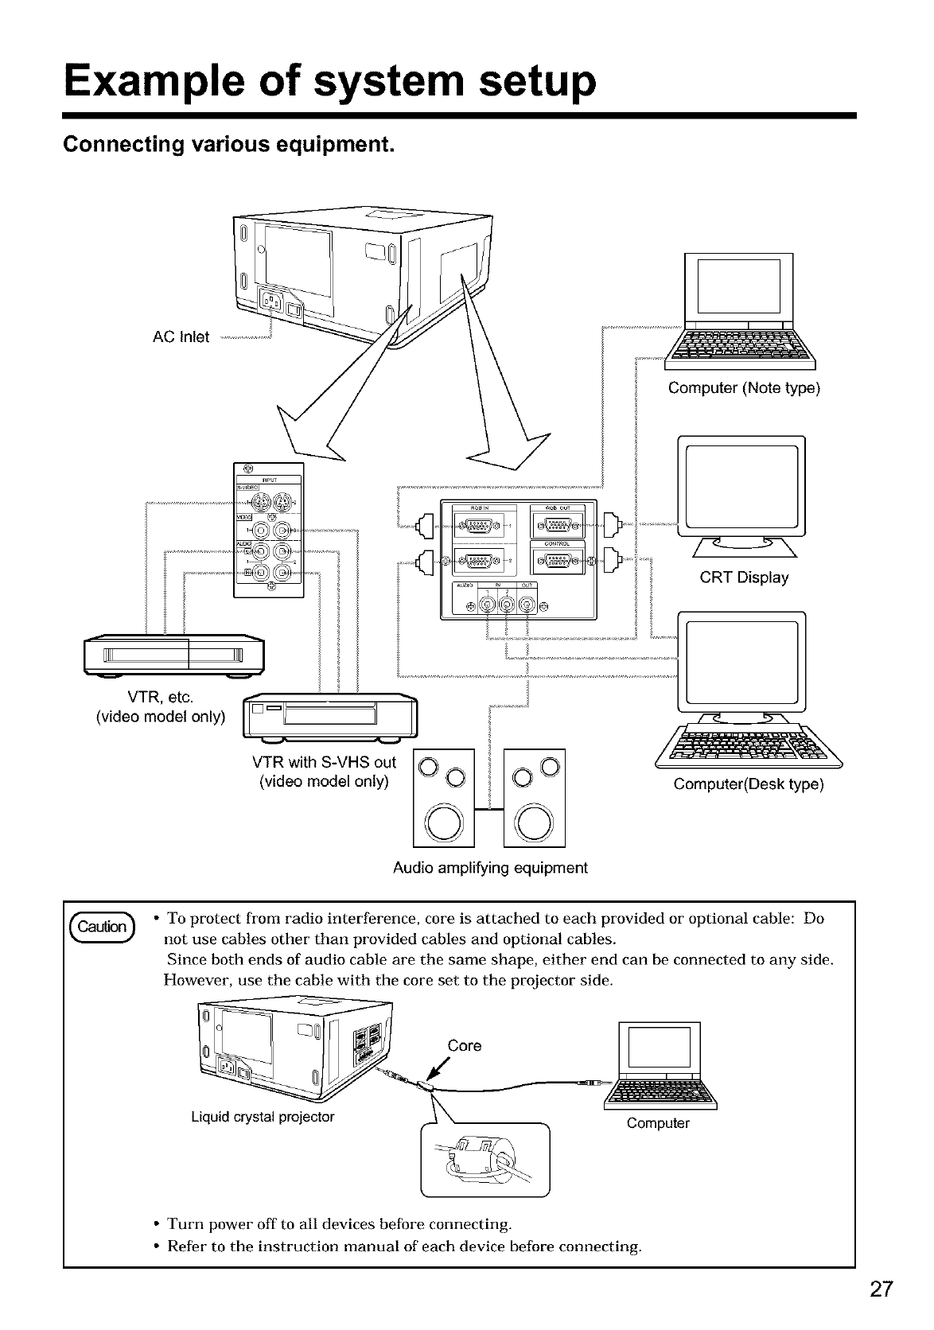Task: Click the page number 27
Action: click(881, 1288)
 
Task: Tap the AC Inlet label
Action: click(181, 337)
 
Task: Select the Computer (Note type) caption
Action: click(744, 388)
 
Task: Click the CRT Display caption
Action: click(744, 577)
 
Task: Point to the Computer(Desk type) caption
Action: click(749, 784)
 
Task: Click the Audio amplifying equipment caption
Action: click(490, 868)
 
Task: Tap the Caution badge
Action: click(105, 927)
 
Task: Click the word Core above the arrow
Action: click(465, 1046)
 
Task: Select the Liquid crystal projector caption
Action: click(263, 1117)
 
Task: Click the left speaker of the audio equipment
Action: click(444, 798)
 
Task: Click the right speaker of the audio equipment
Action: click(535, 798)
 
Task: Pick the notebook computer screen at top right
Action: click(739, 286)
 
